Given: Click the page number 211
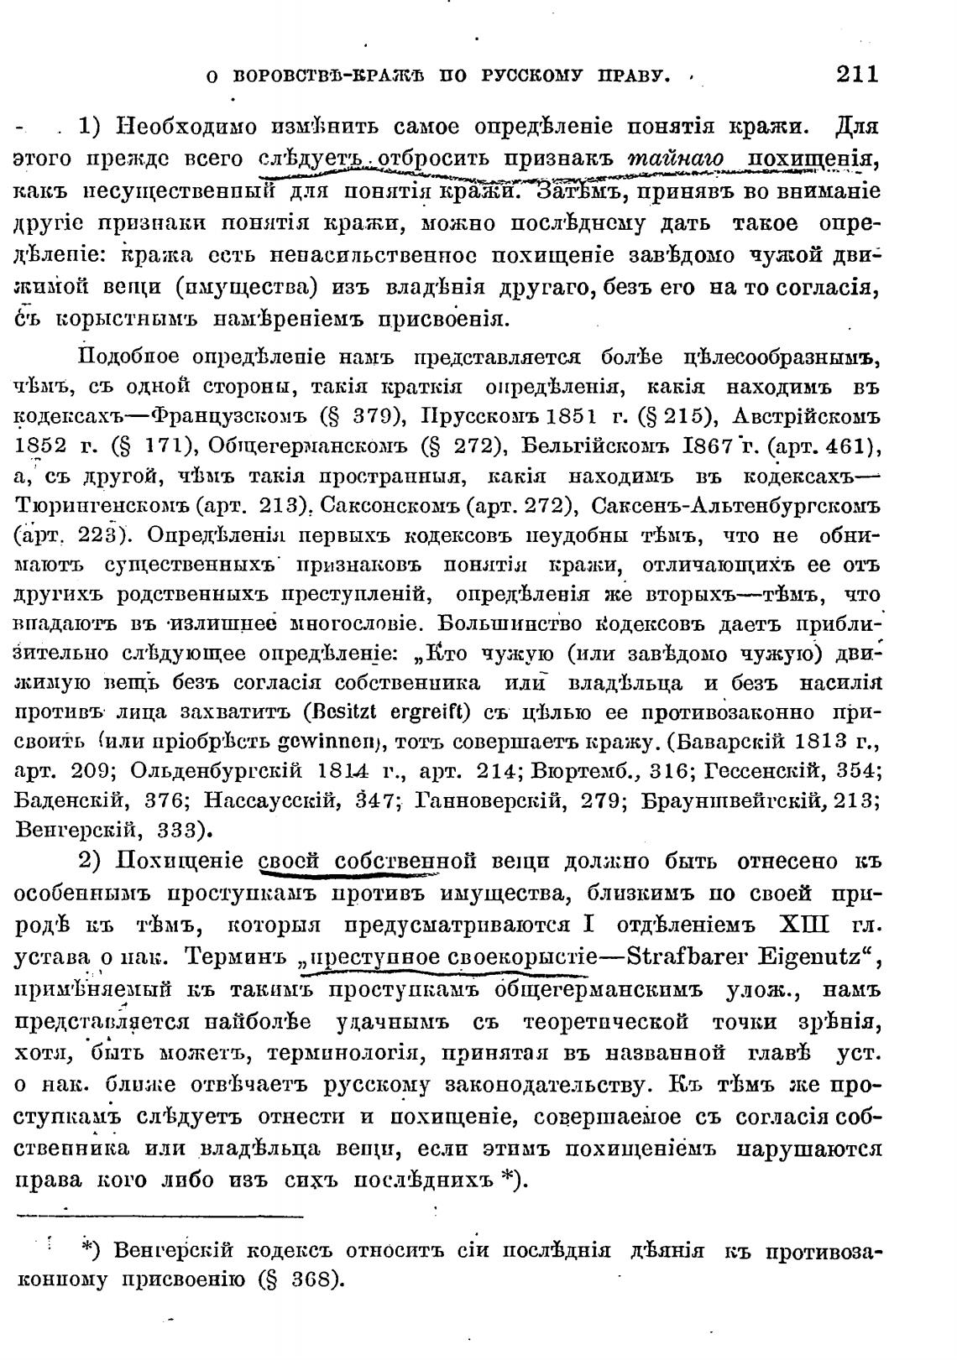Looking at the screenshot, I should tap(856, 75).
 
